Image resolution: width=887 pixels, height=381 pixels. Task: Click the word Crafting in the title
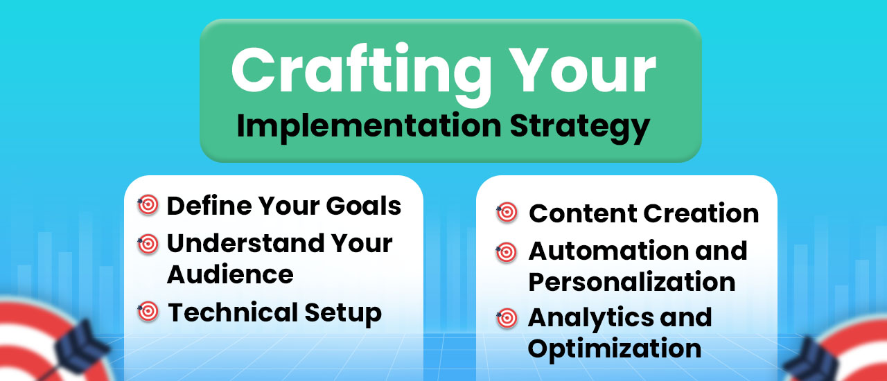click(361, 73)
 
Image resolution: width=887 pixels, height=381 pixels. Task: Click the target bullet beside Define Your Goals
click(148, 205)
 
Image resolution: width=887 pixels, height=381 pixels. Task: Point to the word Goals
click(364, 206)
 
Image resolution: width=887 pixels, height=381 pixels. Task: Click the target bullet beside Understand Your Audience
click(148, 244)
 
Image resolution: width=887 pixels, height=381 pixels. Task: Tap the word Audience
click(230, 274)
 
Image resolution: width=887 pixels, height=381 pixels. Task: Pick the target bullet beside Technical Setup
click(148, 312)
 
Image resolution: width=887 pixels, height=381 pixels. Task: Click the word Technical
click(233, 312)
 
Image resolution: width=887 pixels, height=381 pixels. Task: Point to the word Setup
click(343, 314)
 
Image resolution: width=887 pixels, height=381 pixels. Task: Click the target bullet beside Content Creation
click(507, 212)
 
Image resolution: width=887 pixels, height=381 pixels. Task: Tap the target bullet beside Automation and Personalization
click(507, 252)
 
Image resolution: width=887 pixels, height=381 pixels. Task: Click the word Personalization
click(632, 281)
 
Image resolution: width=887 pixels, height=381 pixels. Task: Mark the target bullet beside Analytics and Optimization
click(507, 319)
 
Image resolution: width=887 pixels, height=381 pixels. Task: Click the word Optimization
click(615, 349)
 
